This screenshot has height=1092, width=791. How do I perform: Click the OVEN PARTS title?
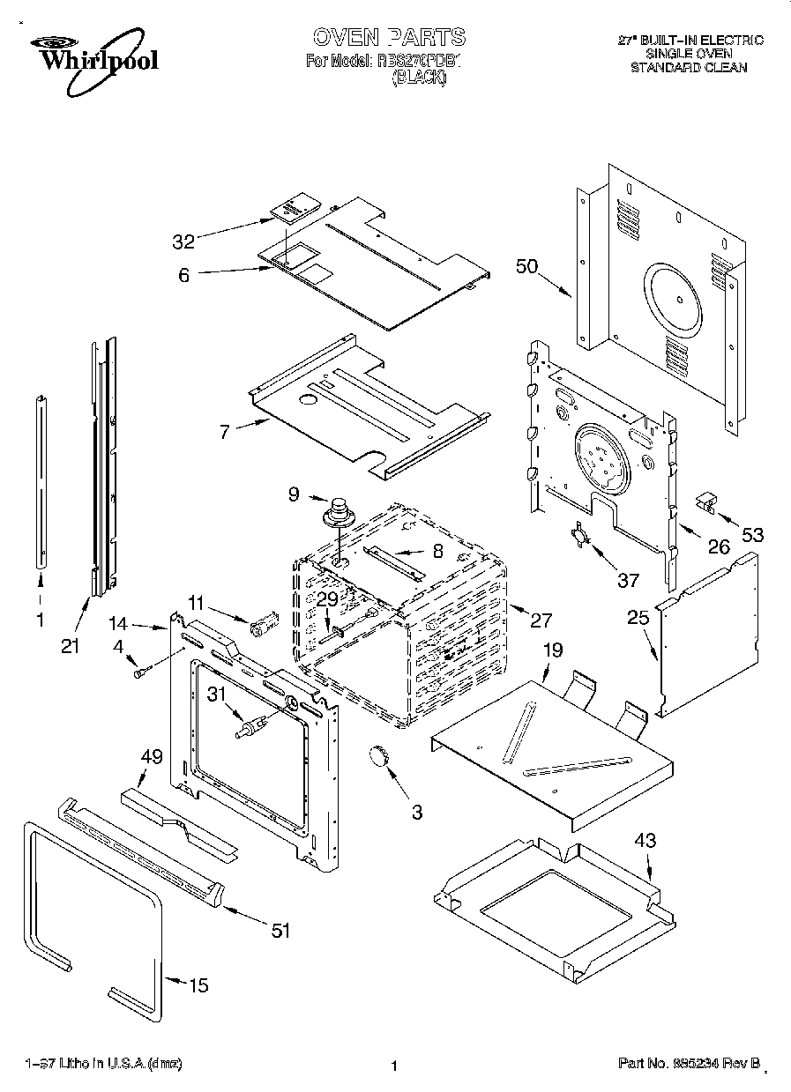[x=389, y=37]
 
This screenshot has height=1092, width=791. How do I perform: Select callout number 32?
[x=183, y=240]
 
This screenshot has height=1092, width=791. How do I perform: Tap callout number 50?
[x=527, y=268]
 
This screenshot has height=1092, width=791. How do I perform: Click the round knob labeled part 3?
[x=380, y=755]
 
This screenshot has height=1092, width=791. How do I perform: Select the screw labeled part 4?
[x=139, y=673]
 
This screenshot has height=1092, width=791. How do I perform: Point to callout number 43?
[x=645, y=840]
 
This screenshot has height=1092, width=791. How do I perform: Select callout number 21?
[x=70, y=646]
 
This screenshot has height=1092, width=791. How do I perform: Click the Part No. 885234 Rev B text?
[x=690, y=1065]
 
